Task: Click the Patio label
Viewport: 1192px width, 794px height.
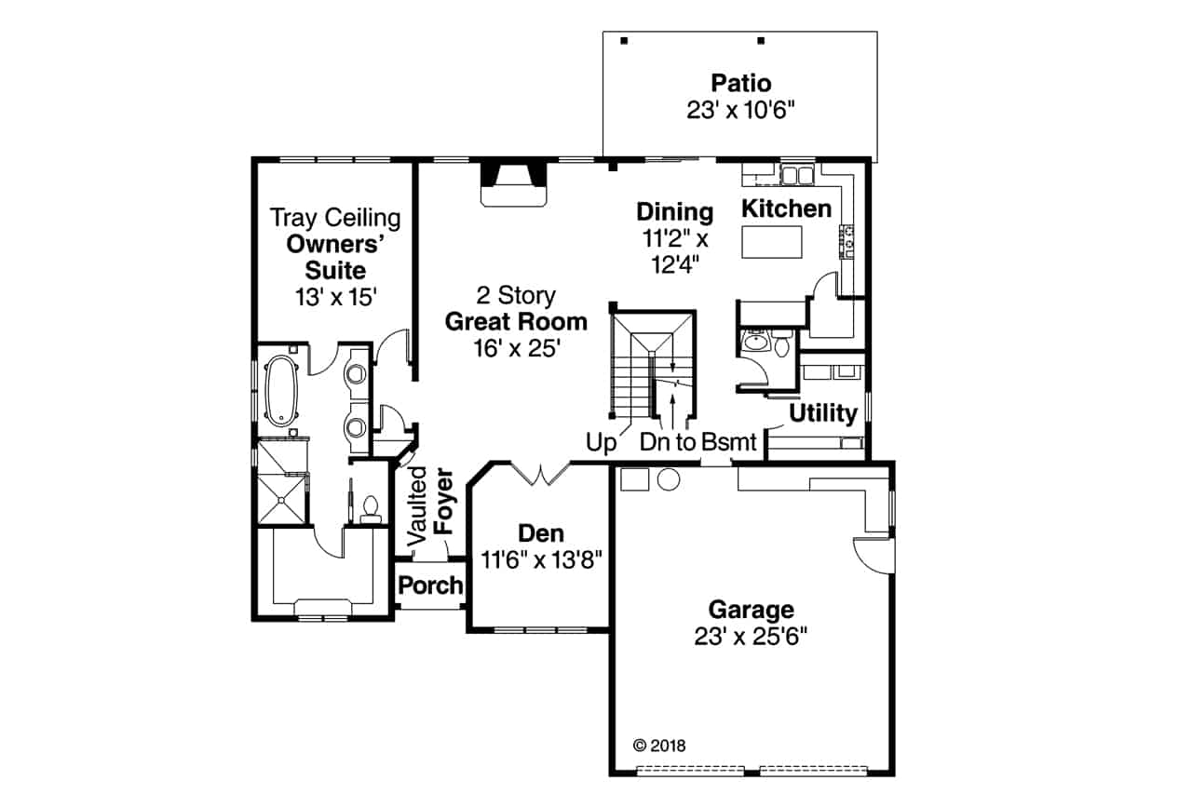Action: [x=740, y=84]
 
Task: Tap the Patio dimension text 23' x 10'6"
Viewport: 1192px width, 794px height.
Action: [x=740, y=110]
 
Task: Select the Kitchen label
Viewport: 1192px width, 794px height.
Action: [x=786, y=209]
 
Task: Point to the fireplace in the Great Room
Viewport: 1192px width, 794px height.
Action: [x=511, y=183]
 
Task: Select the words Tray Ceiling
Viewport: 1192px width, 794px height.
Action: [x=335, y=219]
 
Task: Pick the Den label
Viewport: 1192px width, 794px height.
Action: [x=541, y=534]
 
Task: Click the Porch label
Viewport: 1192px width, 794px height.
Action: [x=429, y=585]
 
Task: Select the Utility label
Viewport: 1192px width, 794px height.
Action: [x=823, y=413]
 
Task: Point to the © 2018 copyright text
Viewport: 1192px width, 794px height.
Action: [x=658, y=745]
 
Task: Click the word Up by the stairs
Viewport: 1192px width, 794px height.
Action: [x=602, y=442]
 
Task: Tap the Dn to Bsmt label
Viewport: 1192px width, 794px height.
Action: [x=698, y=442]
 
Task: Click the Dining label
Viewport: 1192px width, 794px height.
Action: [x=674, y=212]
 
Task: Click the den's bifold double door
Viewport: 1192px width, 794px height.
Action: [x=541, y=474]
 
